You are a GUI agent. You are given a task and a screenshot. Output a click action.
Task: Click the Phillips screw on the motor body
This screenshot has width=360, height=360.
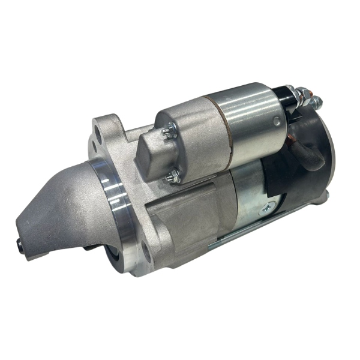(265, 208)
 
